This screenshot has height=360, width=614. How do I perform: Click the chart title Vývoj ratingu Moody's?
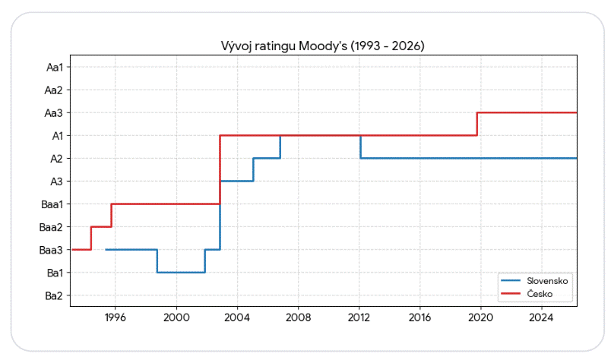pyautogui.click(x=284, y=46)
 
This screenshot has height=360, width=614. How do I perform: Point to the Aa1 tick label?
pyautogui.click(x=55, y=68)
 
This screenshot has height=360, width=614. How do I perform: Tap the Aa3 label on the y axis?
pyautogui.click(x=54, y=113)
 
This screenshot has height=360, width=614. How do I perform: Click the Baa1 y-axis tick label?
pyautogui.click(x=52, y=204)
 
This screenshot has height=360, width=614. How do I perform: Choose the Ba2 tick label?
pyautogui.click(x=54, y=295)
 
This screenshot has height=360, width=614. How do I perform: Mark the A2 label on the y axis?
pyautogui.click(x=56, y=159)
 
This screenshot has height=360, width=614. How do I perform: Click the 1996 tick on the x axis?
pyautogui.click(x=116, y=317)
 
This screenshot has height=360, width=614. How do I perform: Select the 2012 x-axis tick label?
pyautogui.click(x=359, y=317)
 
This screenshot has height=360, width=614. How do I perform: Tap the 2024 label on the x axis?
pyautogui.click(x=541, y=317)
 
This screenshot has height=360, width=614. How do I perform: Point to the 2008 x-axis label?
pyautogui.click(x=298, y=317)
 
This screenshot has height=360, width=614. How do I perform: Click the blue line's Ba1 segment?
pyautogui.click(x=181, y=273)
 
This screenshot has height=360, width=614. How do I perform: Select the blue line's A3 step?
pyautogui.click(x=237, y=182)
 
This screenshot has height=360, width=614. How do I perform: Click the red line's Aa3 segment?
pyautogui.click(x=527, y=112)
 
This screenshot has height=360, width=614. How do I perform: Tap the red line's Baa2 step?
pyautogui.click(x=101, y=226)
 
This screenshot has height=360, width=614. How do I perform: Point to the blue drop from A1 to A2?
pyautogui.click(x=360, y=147)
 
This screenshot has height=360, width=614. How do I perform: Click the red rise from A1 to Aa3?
pyautogui.click(x=477, y=124)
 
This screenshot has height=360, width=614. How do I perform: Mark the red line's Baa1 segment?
pyautogui.click(x=166, y=204)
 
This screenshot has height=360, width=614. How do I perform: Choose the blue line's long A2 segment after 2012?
pyautogui.click(x=469, y=158)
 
